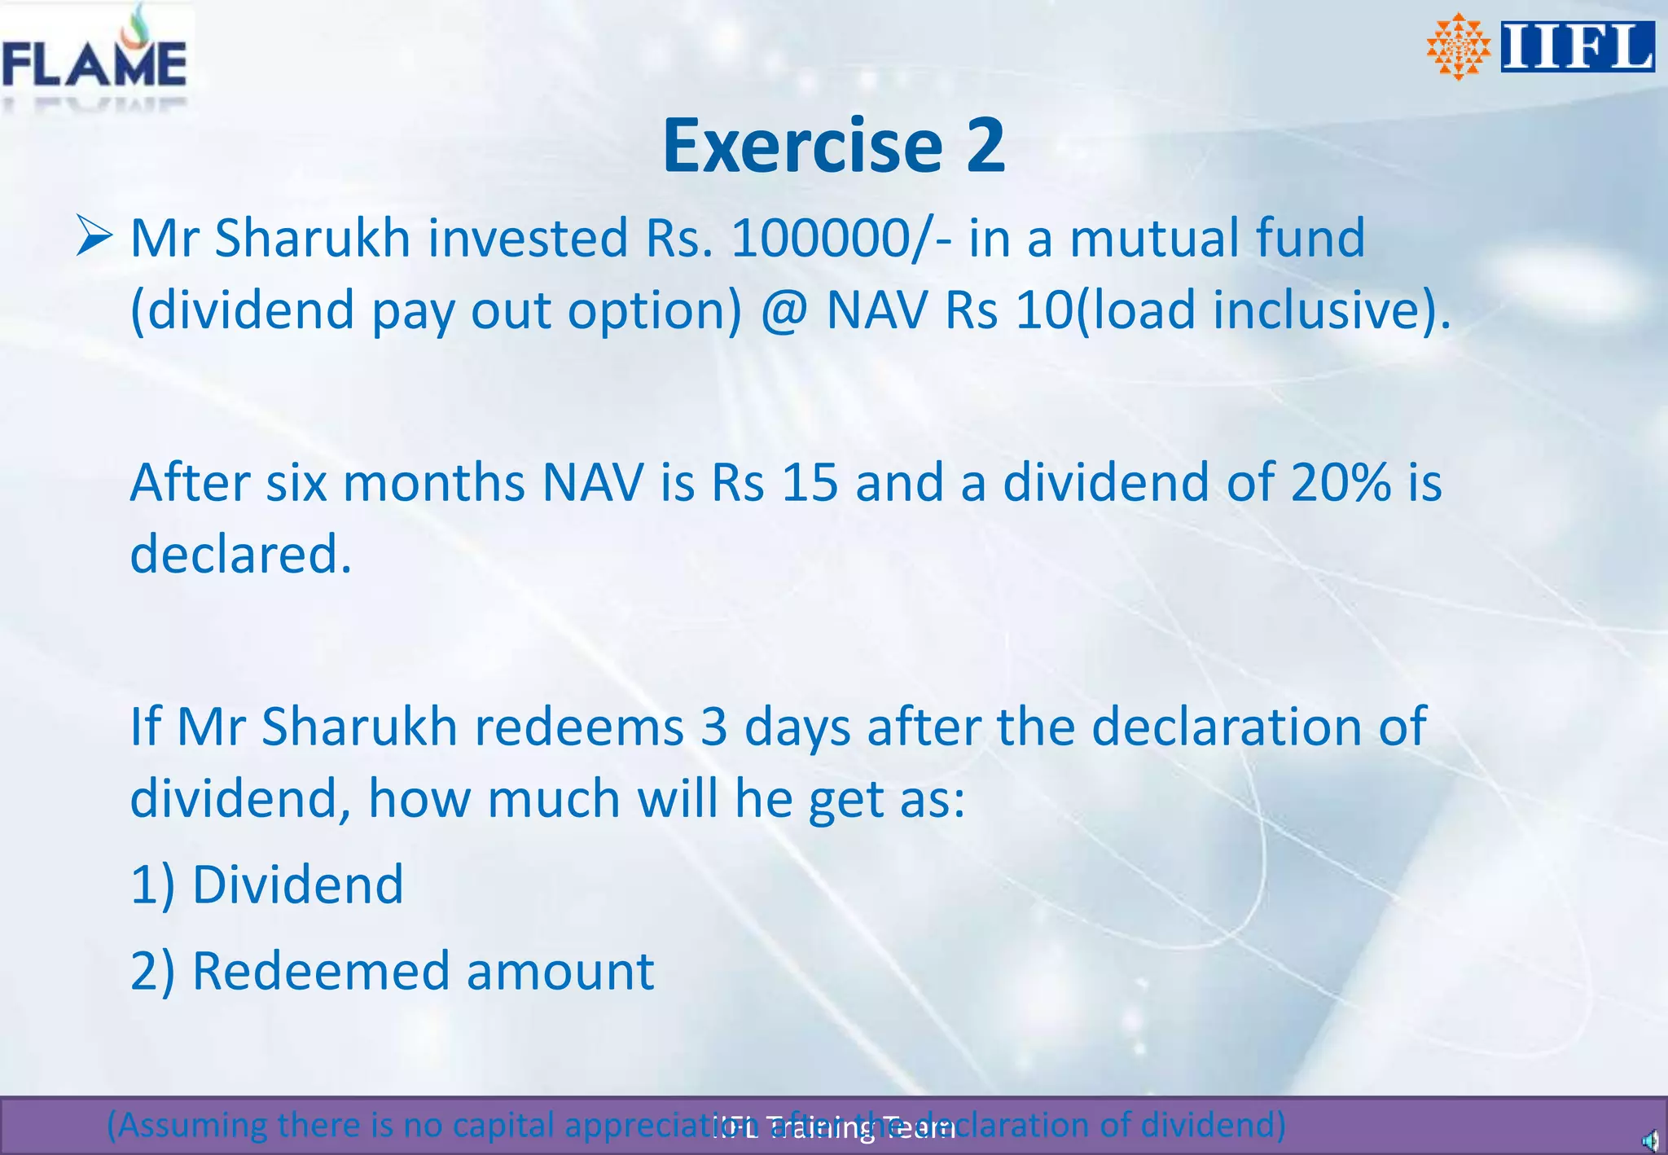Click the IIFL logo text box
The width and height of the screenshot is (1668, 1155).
[x=1577, y=46]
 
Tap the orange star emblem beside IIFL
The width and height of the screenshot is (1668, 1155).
[x=1458, y=46]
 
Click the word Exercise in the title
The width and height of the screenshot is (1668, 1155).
[x=802, y=146]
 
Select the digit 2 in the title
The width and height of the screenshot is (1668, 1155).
[x=985, y=146]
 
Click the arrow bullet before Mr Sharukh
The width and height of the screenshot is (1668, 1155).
[x=94, y=236]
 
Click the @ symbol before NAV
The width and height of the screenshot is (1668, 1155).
[x=784, y=310]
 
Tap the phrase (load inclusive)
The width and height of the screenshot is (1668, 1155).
[x=1262, y=310]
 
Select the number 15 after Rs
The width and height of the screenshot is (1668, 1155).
[x=810, y=482]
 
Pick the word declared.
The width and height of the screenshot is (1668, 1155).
[x=241, y=554]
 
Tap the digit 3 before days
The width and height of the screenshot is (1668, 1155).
[x=713, y=727]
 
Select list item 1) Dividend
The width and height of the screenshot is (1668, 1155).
[x=267, y=885]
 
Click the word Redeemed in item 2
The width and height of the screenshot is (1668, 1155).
[x=320, y=971]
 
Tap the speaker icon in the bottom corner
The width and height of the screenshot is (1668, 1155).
[x=1648, y=1140]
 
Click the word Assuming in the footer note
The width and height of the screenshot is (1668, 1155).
[x=189, y=1125]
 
